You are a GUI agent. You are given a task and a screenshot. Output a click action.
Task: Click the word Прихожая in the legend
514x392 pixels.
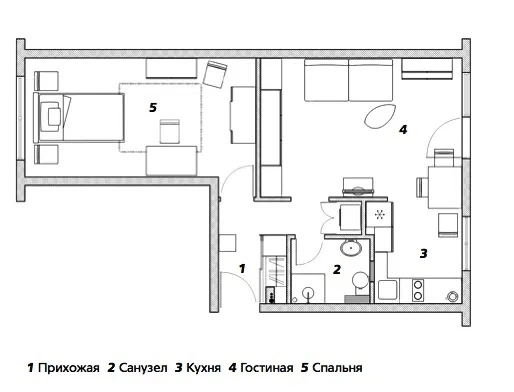69,368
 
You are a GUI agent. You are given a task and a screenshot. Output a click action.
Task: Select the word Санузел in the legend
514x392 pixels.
143,368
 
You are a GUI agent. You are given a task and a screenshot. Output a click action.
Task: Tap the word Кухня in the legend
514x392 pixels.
203,368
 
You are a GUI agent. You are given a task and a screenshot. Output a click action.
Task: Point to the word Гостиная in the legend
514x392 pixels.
267,368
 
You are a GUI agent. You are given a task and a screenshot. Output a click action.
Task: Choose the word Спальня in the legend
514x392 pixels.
337,368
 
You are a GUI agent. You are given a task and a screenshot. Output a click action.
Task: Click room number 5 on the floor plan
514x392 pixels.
153,108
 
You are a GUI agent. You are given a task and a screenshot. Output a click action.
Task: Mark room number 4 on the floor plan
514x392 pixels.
403,129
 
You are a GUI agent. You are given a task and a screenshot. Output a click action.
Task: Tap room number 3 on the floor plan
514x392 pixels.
423,254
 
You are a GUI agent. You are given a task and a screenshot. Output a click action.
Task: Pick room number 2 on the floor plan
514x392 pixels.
337,269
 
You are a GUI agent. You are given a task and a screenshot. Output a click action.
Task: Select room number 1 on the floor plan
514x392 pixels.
242,268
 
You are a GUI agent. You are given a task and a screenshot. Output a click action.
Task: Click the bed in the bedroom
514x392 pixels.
79,118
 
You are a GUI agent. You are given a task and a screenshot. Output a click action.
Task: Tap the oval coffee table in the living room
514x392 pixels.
380,116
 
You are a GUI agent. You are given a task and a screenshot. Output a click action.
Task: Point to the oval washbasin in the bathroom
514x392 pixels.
351,248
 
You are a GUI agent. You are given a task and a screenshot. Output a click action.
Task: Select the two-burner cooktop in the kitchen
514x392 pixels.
418,290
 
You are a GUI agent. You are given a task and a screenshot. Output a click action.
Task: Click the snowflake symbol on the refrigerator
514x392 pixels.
379,214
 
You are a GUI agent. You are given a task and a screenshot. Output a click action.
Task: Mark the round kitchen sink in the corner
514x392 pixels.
453,296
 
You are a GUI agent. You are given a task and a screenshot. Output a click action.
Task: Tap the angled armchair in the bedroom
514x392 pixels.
215,74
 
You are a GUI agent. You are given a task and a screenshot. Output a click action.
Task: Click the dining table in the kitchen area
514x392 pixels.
445,188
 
